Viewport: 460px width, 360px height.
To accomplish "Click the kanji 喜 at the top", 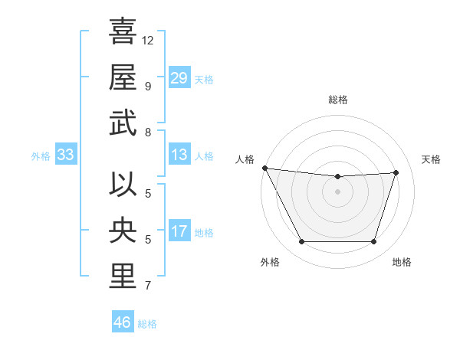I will click(123, 33).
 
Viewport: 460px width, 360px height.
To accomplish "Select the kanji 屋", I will click(123, 78).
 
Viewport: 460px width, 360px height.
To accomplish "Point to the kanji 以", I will click(123, 186).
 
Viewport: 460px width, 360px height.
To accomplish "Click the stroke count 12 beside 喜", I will click(148, 40).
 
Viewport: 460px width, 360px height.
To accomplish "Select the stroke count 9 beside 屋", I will click(148, 86).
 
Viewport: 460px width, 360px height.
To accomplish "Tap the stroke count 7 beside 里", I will click(148, 286).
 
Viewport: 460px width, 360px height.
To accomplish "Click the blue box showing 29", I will click(179, 77).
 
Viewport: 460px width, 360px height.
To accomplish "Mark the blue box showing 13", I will click(179, 155).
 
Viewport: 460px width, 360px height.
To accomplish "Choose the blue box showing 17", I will click(179, 231).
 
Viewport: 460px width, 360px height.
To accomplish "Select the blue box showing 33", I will click(66, 155).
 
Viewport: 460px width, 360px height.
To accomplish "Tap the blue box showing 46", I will click(122, 322).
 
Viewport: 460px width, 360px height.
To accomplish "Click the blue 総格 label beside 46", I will click(147, 324).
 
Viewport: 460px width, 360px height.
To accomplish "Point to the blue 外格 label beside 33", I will click(41, 156).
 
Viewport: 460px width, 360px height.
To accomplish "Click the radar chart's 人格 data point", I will click(264, 168).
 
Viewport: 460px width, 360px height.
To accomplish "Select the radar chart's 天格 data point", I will click(396, 172).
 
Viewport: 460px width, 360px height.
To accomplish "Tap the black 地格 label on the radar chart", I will click(402, 262).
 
